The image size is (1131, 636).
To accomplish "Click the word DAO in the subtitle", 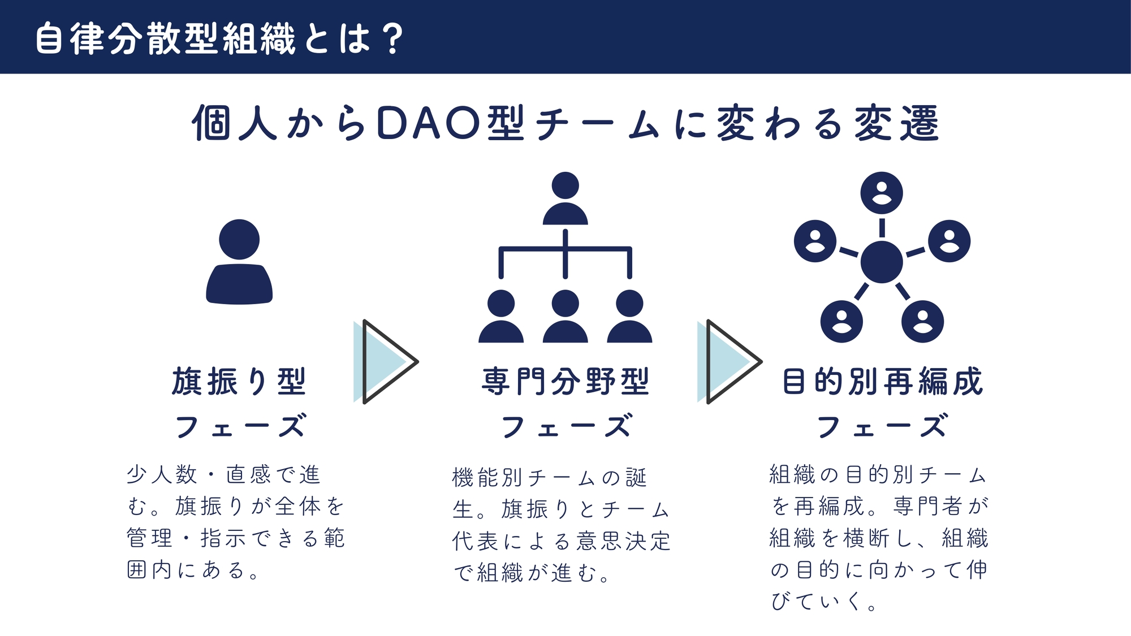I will [428, 123].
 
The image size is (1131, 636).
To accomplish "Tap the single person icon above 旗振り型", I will [239, 262].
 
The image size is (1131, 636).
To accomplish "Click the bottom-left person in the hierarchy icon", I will [501, 316].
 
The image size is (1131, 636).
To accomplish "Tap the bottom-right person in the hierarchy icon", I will [629, 316].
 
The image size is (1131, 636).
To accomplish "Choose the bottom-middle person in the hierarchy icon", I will [565, 316].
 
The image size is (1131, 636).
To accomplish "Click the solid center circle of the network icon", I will [882, 262].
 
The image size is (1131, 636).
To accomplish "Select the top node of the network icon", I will [882, 193].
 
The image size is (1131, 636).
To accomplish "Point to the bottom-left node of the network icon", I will [841, 322].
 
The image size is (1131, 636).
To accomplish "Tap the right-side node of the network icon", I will [949, 241].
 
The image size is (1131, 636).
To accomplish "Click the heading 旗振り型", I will [239, 382].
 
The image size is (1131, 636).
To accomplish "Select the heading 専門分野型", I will [565, 382].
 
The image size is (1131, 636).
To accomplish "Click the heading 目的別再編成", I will [882, 382].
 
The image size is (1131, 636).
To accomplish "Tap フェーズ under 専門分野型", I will [565, 426].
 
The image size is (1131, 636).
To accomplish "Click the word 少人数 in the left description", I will [162, 475].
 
